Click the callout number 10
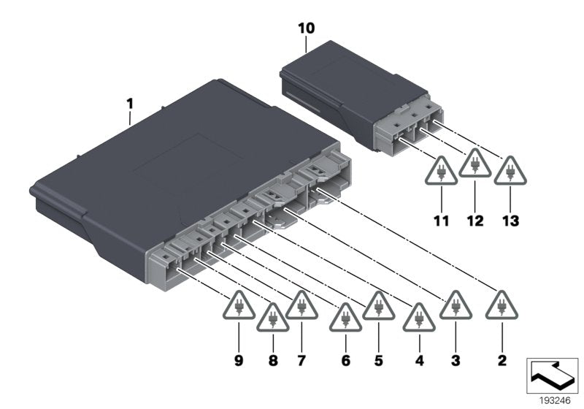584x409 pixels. click(307, 28)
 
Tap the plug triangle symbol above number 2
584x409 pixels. click(502, 305)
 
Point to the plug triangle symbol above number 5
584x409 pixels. click(378, 305)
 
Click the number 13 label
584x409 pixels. click(510, 221)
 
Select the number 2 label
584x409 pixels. click(502, 360)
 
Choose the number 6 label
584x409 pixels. click(345, 360)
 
